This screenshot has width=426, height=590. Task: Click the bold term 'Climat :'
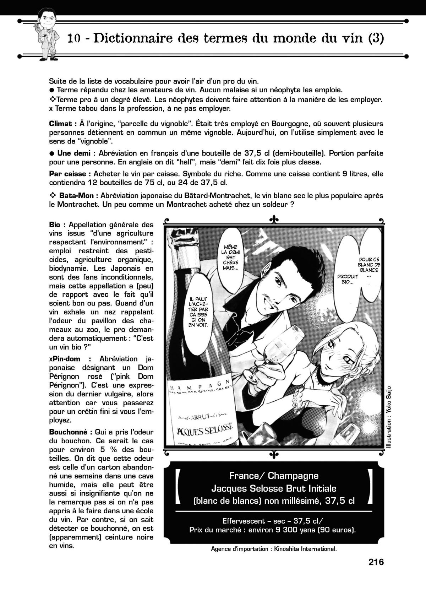63,124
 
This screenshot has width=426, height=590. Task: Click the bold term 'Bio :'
57,225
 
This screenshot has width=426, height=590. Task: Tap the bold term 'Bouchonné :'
71,432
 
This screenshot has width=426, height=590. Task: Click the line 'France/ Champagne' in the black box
274,476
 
